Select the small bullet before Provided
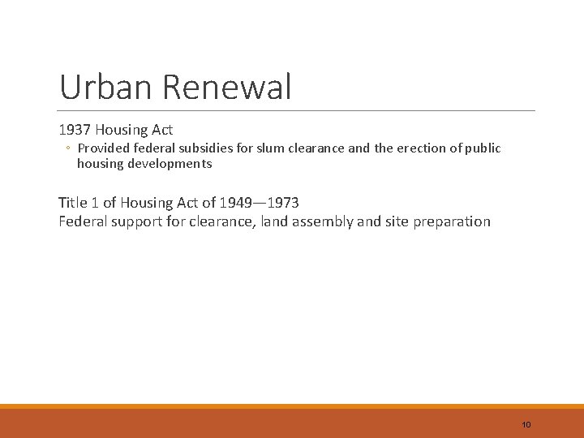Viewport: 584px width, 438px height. (69, 148)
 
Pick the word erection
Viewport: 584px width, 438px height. (417, 148)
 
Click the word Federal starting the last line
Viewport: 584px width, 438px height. (84, 221)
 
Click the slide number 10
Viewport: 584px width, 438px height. (526, 425)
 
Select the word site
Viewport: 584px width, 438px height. (393, 221)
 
